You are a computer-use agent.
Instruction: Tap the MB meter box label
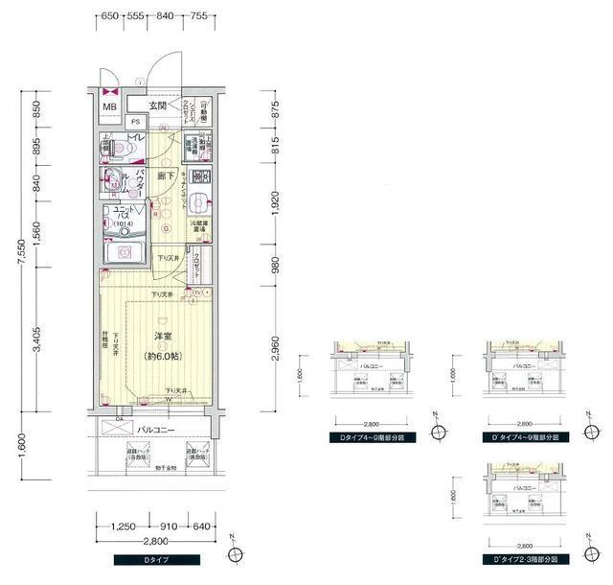tap(109, 106)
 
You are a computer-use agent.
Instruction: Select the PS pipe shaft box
tap(136, 122)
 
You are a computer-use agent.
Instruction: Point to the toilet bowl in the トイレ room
tap(120, 150)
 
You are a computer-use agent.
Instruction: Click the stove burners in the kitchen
tap(200, 176)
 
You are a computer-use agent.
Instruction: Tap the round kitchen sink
tap(197, 201)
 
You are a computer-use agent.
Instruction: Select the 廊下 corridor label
tap(165, 175)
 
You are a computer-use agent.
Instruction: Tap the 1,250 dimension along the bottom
tap(122, 526)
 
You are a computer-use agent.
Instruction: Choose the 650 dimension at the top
tap(109, 16)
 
